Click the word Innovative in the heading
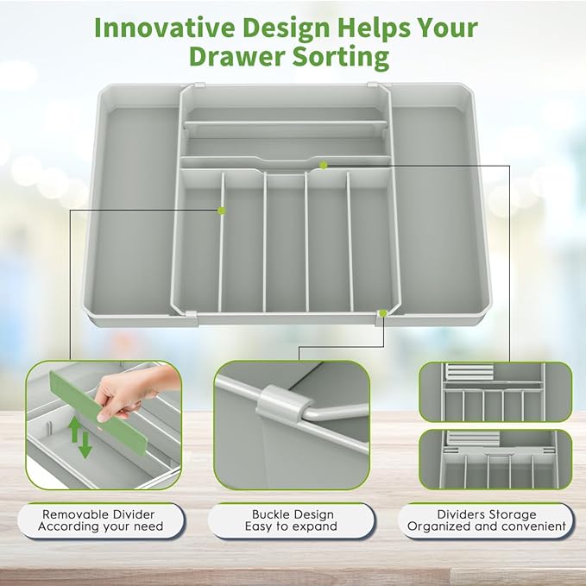[x=165, y=28]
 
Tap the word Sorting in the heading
[x=340, y=58]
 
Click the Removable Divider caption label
[x=101, y=520]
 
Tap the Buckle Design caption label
[x=291, y=520]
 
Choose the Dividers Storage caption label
[x=486, y=520]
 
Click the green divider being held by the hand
[x=98, y=411]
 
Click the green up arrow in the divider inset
[x=75, y=429]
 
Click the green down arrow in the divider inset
[x=85, y=445]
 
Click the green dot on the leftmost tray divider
[x=222, y=211]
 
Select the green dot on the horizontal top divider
[x=324, y=166]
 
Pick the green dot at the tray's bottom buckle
[x=382, y=313]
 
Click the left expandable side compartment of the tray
[x=131, y=209]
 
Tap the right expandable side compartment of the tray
[x=439, y=209]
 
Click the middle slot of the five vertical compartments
[x=287, y=243]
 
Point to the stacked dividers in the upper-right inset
[x=469, y=371]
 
